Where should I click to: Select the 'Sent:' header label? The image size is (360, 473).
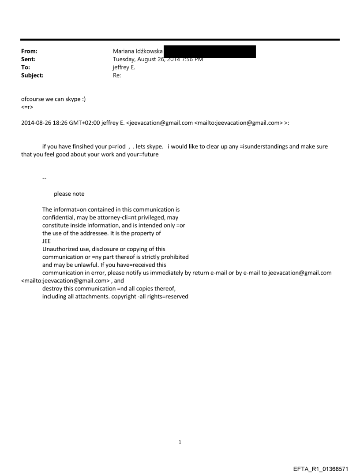point(28,59)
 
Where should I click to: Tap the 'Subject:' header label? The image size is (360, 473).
point(32,75)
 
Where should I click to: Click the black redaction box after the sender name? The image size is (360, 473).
point(210,51)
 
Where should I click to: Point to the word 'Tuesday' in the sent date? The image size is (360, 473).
point(125,59)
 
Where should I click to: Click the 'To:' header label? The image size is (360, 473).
point(26,67)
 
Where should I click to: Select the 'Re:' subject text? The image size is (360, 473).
point(117,75)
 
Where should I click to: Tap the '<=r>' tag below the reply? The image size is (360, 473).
point(27,107)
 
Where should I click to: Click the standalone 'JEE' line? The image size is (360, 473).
point(46,241)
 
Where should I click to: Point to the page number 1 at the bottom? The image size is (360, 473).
point(180,442)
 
